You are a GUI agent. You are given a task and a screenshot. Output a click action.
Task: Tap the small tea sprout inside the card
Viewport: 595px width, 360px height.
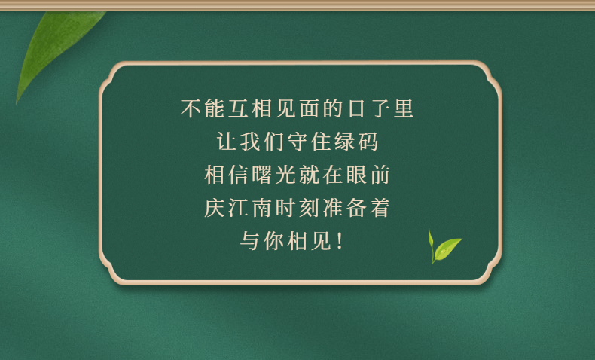click(x=444, y=246)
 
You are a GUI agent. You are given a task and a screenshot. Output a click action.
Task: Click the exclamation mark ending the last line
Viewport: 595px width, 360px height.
click(x=340, y=241)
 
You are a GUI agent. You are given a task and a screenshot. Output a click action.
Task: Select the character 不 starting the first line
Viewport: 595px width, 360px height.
click(x=191, y=108)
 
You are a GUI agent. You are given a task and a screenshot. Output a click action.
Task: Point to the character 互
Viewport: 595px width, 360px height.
click(x=238, y=108)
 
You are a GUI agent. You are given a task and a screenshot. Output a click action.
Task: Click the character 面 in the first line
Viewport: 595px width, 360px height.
click(x=310, y=108)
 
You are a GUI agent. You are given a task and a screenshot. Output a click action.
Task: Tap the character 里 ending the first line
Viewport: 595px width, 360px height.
click(x=404, y=108)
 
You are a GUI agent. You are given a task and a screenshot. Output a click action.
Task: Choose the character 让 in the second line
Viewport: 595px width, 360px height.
click(x=227, y=142)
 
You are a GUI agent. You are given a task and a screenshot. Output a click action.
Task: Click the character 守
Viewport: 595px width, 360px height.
click(x=297, y=142)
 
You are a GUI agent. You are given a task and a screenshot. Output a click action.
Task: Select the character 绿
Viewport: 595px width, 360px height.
click(x=344, y=142)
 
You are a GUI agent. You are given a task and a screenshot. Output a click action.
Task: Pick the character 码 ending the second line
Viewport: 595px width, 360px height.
click(x=368, y=142)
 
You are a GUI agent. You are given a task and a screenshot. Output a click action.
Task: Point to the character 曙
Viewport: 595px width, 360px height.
click(x=262, y=175)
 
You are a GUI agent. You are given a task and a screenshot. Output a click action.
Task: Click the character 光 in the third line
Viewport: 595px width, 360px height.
click(x=285, y=175)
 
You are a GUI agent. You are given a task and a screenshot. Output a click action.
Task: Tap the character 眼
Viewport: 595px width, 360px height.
click(x=356, y=175)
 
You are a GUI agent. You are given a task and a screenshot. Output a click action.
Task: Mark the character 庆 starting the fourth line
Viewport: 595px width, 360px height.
click(x=215, y=208)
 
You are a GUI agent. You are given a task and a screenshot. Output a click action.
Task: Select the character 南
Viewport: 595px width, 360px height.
click(x=262, y=208)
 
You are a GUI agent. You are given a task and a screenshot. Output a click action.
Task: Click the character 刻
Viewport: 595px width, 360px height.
click(x=310, y=208)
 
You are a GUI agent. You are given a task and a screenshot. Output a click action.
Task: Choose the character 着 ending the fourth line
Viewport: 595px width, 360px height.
click(x=380, y=208)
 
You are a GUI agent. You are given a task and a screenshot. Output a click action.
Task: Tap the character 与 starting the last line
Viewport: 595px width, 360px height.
click(x=250, y=241)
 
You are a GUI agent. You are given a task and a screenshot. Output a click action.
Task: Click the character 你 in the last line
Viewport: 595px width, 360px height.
click(x=273, y=241)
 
